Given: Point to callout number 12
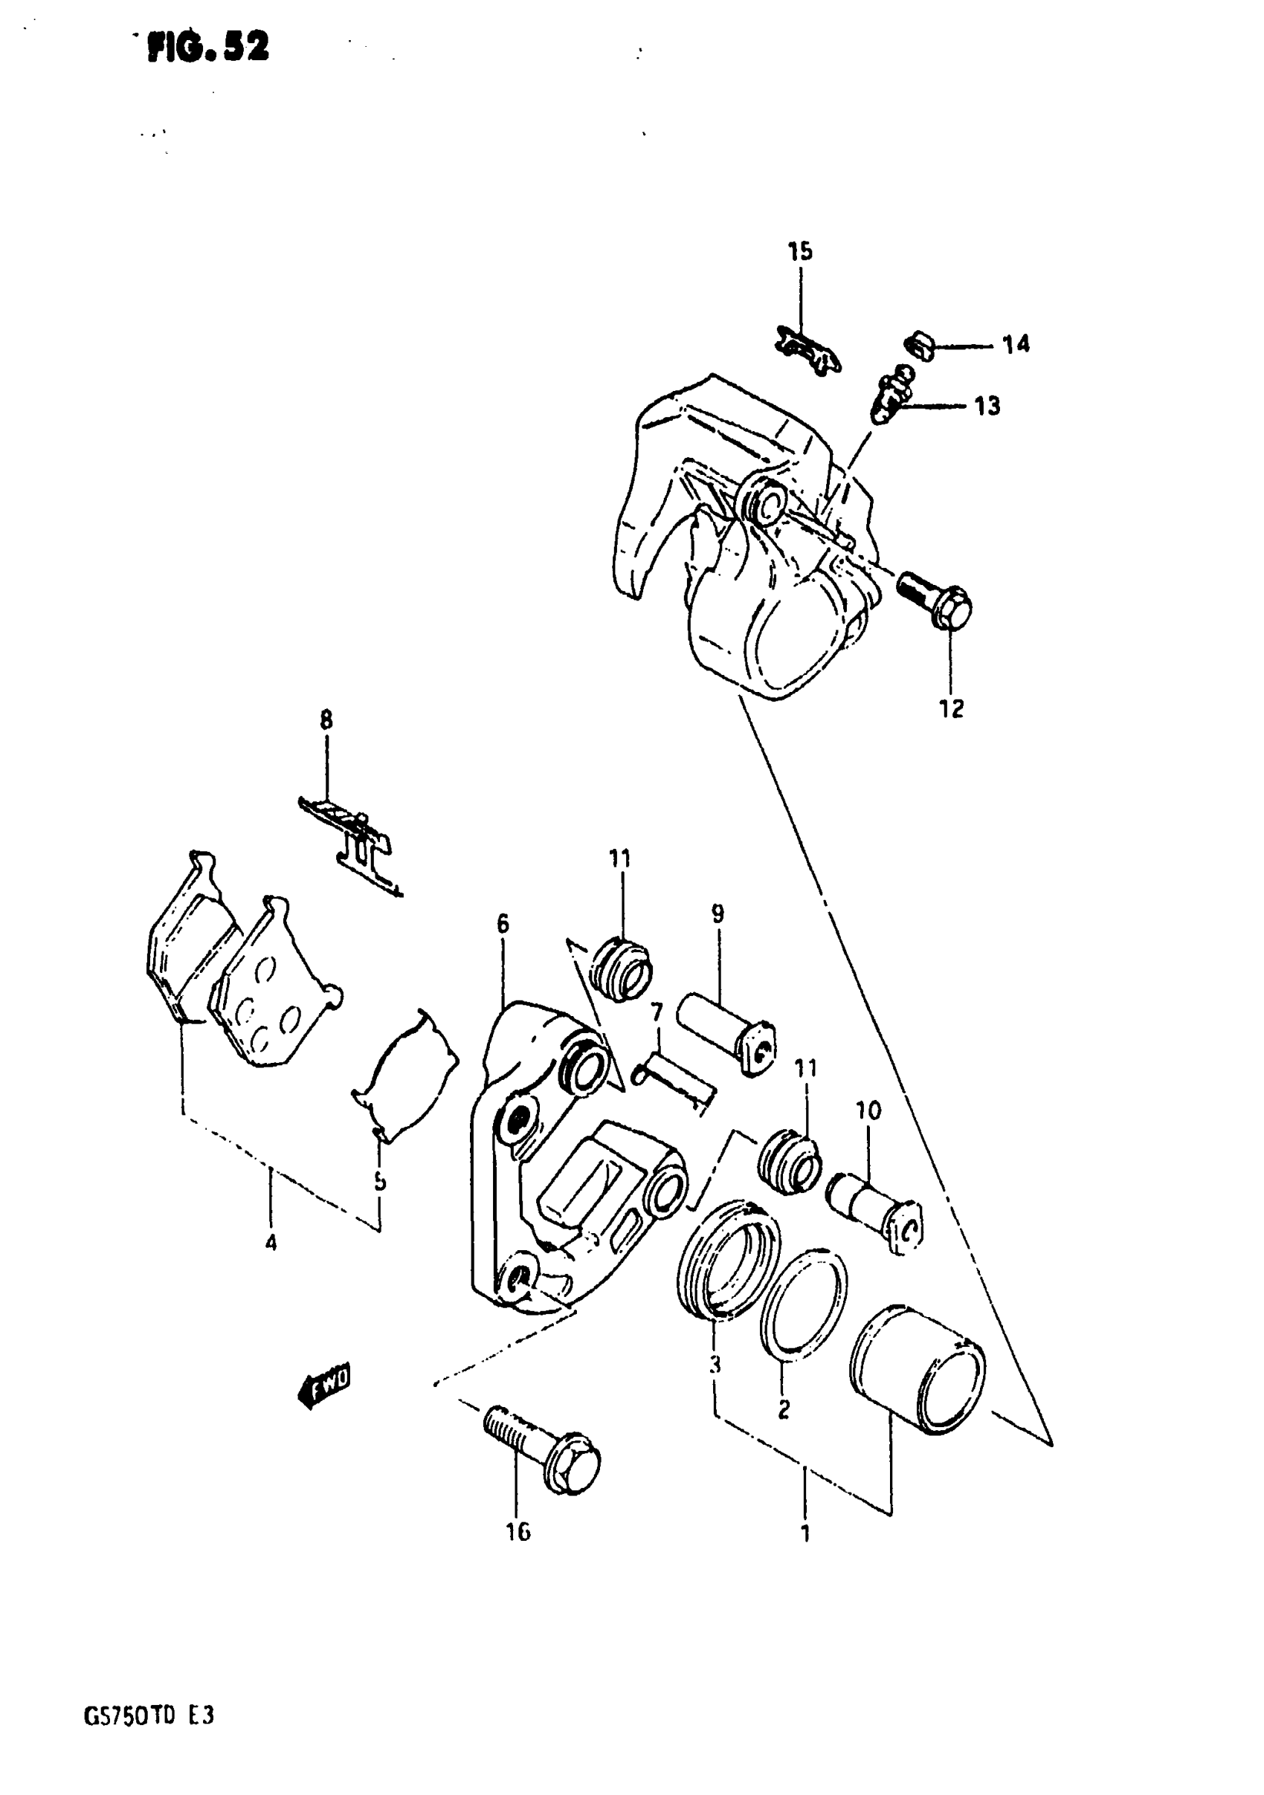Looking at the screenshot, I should pos(951,709).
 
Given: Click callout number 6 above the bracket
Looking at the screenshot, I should pos(502,924).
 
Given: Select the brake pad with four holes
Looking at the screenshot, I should pos(270,993).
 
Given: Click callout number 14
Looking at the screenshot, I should pos(1016,344).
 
